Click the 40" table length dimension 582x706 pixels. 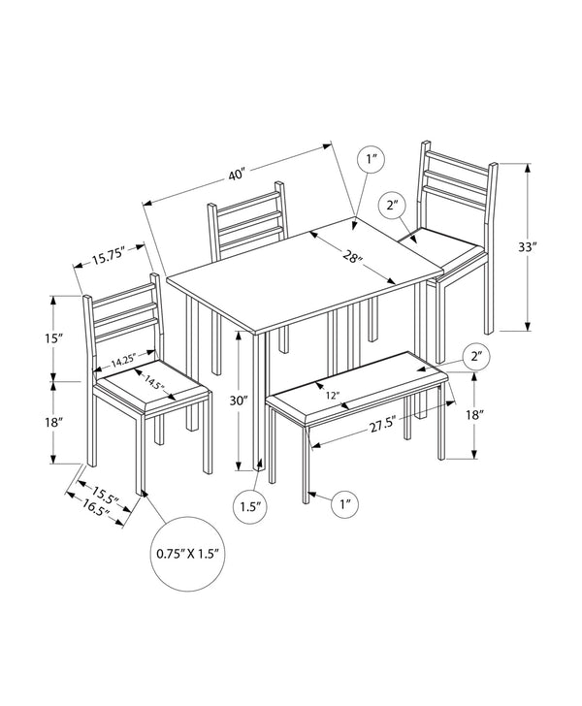click(x=236, y=176)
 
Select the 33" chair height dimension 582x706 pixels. click(x=527, y=247)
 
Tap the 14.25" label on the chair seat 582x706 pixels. click(x=123, y=362)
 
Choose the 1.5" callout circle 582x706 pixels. click(x=249, y=504)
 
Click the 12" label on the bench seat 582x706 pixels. click(x=333, y=396)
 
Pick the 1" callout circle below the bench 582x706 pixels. click(x=345, y=502)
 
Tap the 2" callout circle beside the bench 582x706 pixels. click(x=476, y=357)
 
